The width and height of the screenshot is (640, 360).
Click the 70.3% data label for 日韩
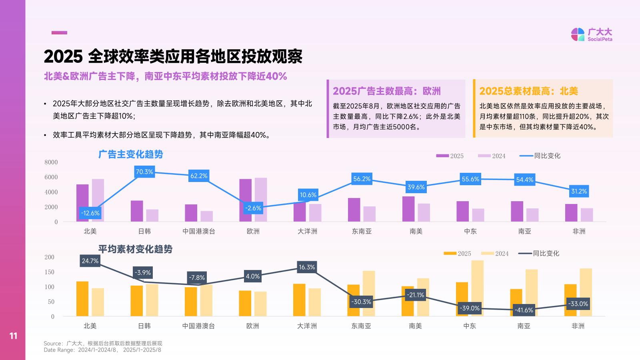pyautogui.click(x=144, y=172)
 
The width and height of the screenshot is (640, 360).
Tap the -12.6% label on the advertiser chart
pyautogui.click(x=90, y=213)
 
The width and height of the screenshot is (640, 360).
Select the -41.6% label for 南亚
pyautogui.click(x=524, y=310)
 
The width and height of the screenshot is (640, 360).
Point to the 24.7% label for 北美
pyautogui.click(x=90, y=261)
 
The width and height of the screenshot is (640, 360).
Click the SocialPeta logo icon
pyautogui.click(x=578, y=34)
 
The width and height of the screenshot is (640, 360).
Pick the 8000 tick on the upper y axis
pyautogui.click(x=51, y=162)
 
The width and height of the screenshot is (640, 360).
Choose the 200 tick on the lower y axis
pyautogui.click(x=50, y=257)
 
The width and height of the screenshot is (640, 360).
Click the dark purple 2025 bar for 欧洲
pyautogui.click(x=245, y=200)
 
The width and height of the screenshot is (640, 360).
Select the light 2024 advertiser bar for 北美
pyautogui.click(x=98, y=200)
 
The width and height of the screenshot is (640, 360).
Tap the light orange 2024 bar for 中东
pyautogui.click(x=478, y=288)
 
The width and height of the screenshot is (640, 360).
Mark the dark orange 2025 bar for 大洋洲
pyautogui.click(x=299, y=300)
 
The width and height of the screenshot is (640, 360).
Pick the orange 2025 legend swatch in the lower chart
pyautogui.click(x=450, y=253)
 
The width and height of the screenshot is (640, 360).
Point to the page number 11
pyautogui.click(x=13, y=336)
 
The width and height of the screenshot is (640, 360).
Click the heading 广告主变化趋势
pyautogui.click(x=131, y=154)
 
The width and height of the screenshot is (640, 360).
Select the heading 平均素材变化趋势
pyautogui.click(x=135, y=249)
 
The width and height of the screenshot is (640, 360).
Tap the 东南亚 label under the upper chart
pyautogui.click(x=362, y=231)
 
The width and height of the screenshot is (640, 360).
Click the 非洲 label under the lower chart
pyautogui.click(x=578, y=326)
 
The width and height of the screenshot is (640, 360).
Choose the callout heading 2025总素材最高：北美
pyautogui.click(x=528, y=91)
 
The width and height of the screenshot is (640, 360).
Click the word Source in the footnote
pyautogui.click(x=52, y=344)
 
